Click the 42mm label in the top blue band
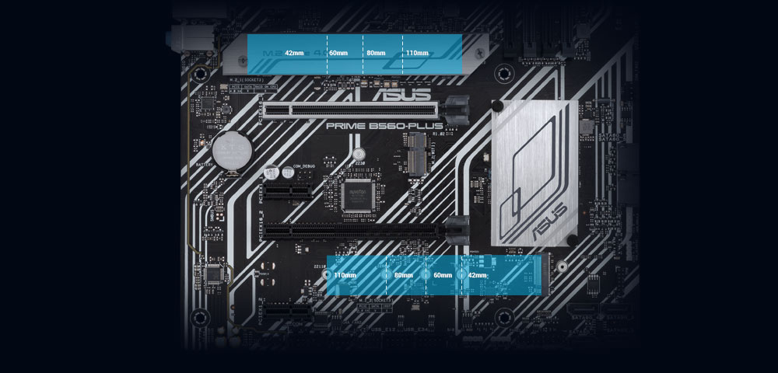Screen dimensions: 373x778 (x=294, y=53)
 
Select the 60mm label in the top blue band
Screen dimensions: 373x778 (x=338, y=53)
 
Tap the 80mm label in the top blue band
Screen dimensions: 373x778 (x=376, y=53)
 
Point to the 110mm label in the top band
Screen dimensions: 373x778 (x=417, y=53)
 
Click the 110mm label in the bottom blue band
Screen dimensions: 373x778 (x=345, y=275)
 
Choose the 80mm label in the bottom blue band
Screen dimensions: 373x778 (x=404, y=275)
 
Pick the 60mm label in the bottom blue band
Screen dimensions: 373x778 (x=443, y=275)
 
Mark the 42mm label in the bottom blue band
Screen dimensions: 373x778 (x=477, y=275)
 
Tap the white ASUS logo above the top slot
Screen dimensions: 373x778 (x=402, y=96)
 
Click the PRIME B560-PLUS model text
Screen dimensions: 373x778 (x=384, y=125)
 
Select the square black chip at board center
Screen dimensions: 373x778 (x=359, y=193)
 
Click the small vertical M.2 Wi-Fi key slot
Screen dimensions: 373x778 (x=418, y=153)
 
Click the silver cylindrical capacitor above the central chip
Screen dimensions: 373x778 (x=359, y=154)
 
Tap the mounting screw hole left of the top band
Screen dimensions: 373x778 (x=200, y=74)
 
